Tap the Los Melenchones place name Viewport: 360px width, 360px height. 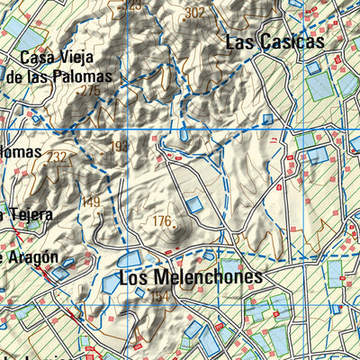pos(190,277)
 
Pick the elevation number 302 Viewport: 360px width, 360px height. pos(193,13)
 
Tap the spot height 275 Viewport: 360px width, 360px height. pos(89,91)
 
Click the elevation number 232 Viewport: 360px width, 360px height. pos(58,157)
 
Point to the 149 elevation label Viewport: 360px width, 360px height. pos(91,202)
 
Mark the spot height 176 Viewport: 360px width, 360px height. pos(161,220)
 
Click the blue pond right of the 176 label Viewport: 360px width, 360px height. pos(195,205)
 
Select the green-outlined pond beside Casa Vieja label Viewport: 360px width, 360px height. pos(27,40)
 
